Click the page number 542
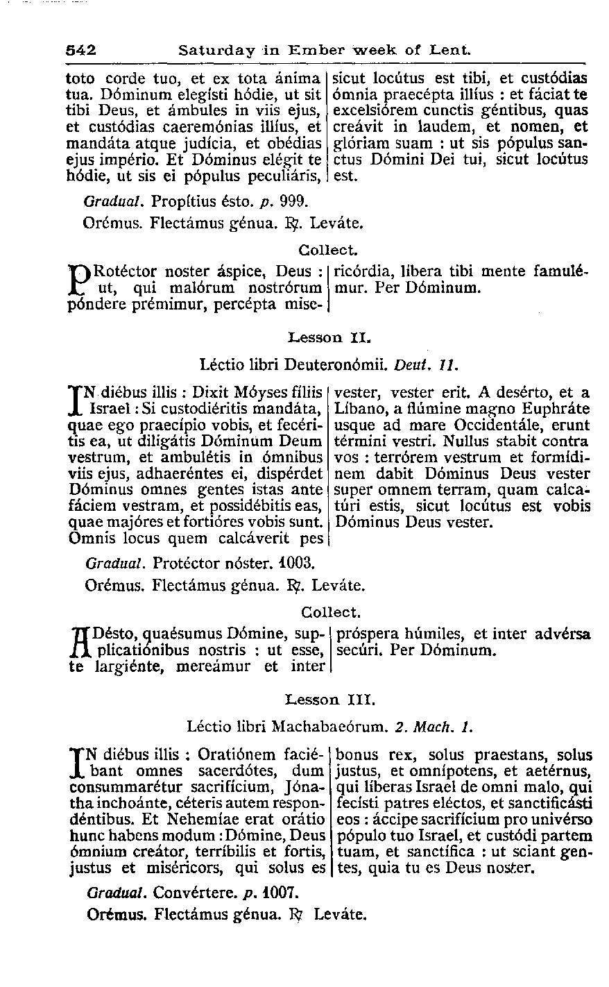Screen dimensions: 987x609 (80, 50)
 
